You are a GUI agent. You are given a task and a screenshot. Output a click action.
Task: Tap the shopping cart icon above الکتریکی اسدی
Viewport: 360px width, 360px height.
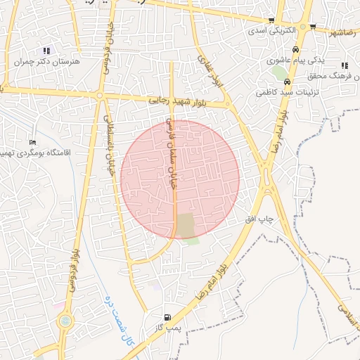coord(271,20)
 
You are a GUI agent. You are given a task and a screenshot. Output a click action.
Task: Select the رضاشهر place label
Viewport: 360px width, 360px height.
coord(342,32)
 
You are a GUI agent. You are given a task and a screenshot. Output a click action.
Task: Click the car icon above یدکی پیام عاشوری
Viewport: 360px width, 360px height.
coord(296,50)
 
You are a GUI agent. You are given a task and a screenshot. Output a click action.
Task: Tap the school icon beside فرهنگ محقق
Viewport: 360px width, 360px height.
coord(345,65)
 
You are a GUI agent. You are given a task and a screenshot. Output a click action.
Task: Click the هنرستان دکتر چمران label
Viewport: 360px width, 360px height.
coord(43,62)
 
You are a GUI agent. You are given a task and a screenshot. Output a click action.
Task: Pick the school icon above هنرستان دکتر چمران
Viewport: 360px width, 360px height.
coord(46,50)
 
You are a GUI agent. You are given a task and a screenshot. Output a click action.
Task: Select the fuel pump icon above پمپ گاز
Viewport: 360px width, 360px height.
coord(167,317)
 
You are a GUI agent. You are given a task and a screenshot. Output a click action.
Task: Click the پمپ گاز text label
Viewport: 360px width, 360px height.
coord(168,328)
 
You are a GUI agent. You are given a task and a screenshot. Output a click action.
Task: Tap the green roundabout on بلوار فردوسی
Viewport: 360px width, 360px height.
coord(65,321)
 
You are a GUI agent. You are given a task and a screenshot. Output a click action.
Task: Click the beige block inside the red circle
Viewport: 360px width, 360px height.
coord(186,225)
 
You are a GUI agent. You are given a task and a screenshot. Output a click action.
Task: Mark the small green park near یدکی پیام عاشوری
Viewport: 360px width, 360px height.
coord(280,72)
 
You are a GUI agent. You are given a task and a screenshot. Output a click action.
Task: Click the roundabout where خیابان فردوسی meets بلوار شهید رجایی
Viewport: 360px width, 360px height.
coord(100,95)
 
